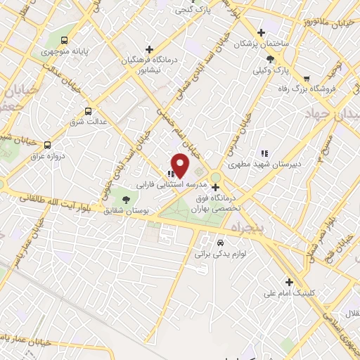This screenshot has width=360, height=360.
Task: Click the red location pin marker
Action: coord(180,166)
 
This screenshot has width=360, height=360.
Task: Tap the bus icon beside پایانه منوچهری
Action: coord(65,40)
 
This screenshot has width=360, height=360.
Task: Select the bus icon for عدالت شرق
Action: coord(89,110)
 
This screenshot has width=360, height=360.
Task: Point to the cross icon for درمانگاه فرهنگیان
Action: coord(148,49)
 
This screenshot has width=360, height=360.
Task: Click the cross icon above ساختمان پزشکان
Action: coord(261,32)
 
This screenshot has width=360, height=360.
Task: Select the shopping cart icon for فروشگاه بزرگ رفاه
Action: coord(306,78)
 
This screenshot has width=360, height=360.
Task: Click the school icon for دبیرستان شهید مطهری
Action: coord(264,153)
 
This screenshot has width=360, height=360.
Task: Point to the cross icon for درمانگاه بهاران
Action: coord(215,187)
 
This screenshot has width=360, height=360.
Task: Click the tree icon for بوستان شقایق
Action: coord(127,200)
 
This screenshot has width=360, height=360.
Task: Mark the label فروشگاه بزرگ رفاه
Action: coord(324,88)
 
